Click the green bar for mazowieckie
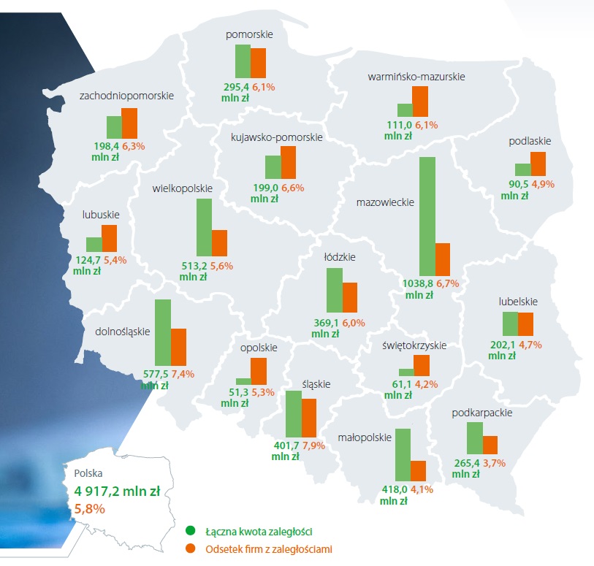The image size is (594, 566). tap(427, 215)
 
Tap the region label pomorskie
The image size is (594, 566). tap(250, 34)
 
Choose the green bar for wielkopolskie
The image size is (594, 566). tap(204, 227)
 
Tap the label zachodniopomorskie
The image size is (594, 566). tap(126, 96)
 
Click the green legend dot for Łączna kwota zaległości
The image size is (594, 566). tap(191, 531)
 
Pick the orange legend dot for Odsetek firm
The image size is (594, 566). tap(191, 548)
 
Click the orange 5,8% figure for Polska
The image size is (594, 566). tap(90, 508)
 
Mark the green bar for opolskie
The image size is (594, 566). tap(243, 380)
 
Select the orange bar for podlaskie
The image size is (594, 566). tap(538, 163)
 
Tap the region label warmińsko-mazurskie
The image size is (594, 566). tap(416, 75)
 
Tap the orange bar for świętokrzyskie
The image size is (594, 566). tap(422, 365)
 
